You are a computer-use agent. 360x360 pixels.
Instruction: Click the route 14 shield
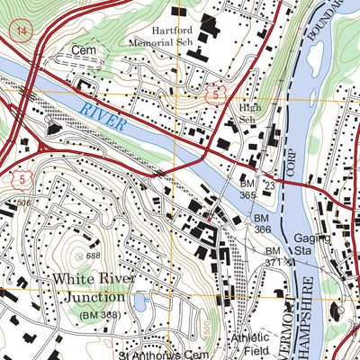pos(18,31)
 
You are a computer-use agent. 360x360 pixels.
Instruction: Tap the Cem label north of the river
pos(84,52)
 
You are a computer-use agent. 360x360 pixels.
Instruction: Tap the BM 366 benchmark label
pos(261,224)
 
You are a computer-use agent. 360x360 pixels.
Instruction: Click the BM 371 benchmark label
pos(274,255)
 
